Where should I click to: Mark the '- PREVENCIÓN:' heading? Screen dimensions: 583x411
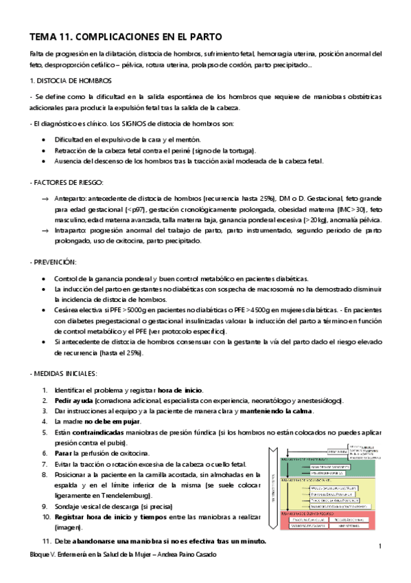(x=53, y=262)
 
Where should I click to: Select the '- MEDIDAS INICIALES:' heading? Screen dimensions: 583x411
(x=64, y=373)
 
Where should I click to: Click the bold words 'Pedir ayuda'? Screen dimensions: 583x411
(x=74, y=401)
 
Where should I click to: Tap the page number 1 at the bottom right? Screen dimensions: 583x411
(x=379, y=545)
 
